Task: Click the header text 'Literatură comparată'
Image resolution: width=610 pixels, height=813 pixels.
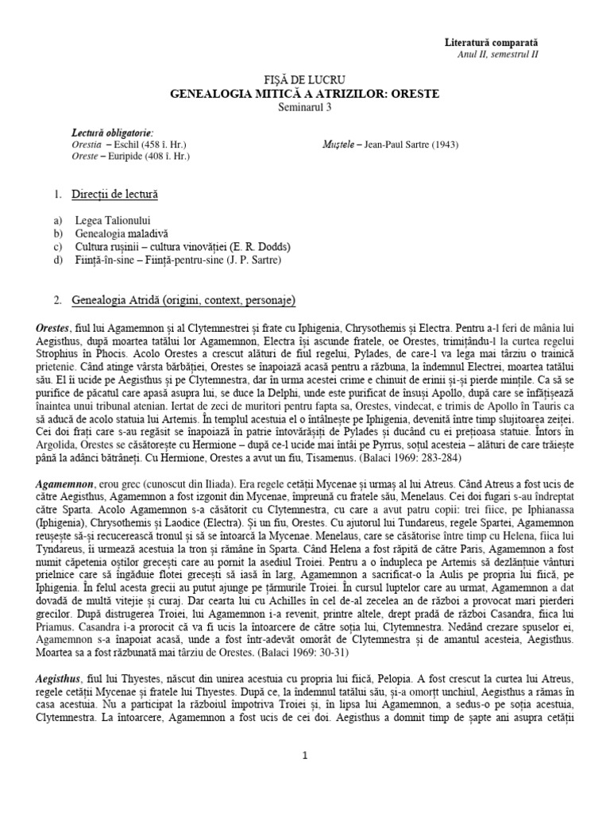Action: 495,42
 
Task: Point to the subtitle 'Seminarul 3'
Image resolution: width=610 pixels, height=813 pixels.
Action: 305,106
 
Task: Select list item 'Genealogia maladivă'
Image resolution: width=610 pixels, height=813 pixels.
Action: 120,233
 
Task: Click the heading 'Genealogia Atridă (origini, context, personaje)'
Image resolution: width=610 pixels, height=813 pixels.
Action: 183,301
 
